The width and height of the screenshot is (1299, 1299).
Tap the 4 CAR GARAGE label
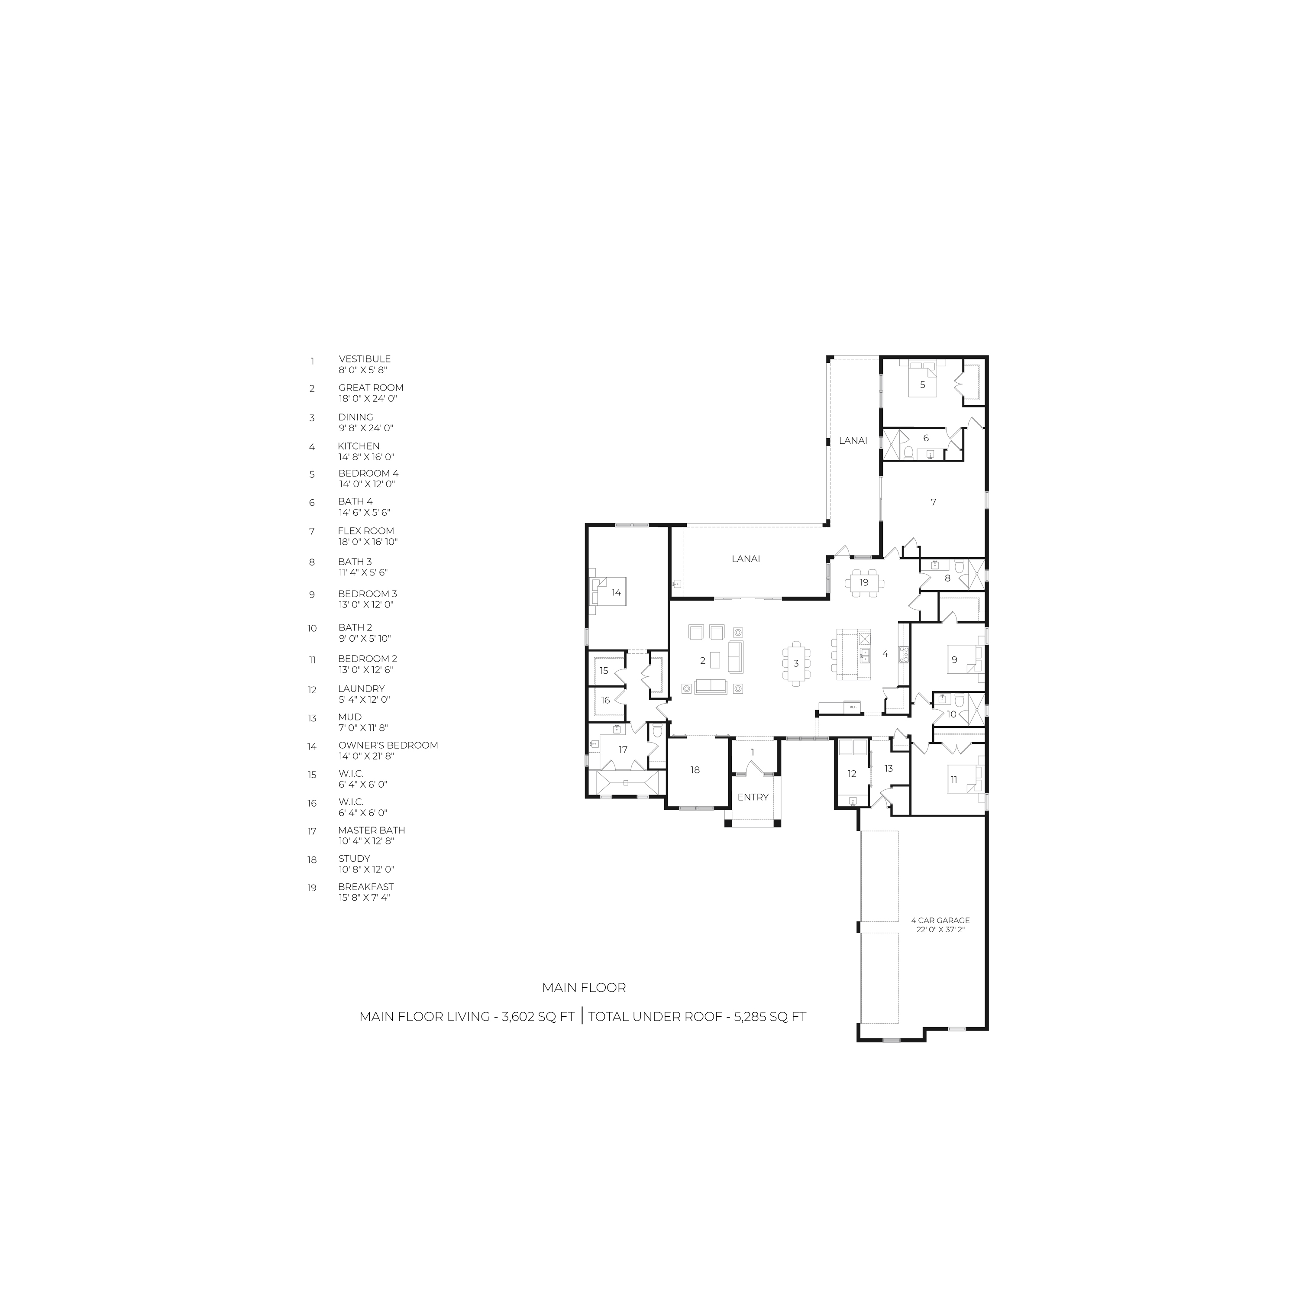click(x=940, y=920)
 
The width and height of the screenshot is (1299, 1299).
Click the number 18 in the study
click(x=695, y=770)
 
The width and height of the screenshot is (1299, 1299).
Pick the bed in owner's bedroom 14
click(x=608, y=591)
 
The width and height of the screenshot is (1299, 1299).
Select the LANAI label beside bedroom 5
click(x=853, y=441)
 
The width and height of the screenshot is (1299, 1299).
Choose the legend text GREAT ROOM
click(x=371, y=388)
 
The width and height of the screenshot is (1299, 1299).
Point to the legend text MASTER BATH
click(x=372, y=830)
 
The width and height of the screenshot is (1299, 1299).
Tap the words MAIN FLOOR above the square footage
click(x=584, y=988)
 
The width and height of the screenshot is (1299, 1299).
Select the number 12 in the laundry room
click(x=852, y=774)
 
